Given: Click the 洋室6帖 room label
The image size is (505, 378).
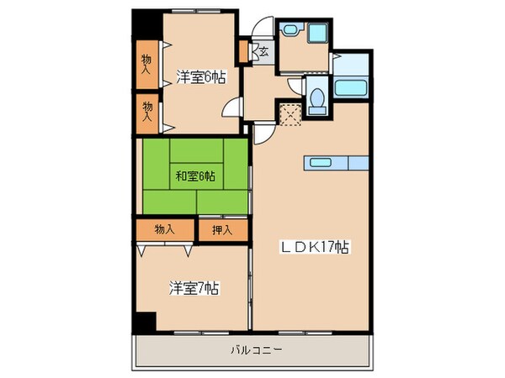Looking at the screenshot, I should click(200, 77).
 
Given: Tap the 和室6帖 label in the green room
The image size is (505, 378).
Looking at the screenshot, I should click(195, 176).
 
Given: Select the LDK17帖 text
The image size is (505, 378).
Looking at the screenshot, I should click(315, 248).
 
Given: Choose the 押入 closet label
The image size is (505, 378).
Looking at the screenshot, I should click(222, 228).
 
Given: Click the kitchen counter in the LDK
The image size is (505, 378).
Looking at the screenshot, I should click(335, 162).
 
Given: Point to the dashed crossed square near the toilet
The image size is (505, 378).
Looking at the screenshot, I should click(290, 113).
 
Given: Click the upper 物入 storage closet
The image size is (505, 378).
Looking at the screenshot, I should click(146, 66).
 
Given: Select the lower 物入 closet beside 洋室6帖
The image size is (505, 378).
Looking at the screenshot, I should click(147, 112).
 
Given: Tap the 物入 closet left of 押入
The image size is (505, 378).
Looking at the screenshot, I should click(165, 228).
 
